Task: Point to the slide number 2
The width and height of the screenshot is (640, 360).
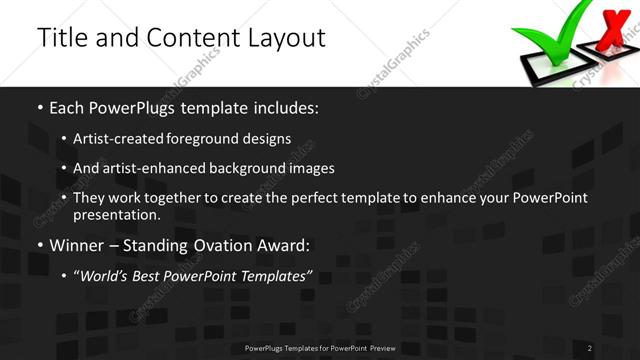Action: pyautogui.click(x=590, y=348)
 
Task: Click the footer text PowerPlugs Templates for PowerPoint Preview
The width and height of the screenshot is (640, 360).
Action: pyautogui.click(x=320, y=348)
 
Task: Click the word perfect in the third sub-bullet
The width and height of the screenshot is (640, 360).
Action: pyautogui.click(x=337, y=198)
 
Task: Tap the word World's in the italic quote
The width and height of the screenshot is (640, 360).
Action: pyautogui.click(x=119, y=275)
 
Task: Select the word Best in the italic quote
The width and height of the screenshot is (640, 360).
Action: pyautogui.click(x=166, y=275)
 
